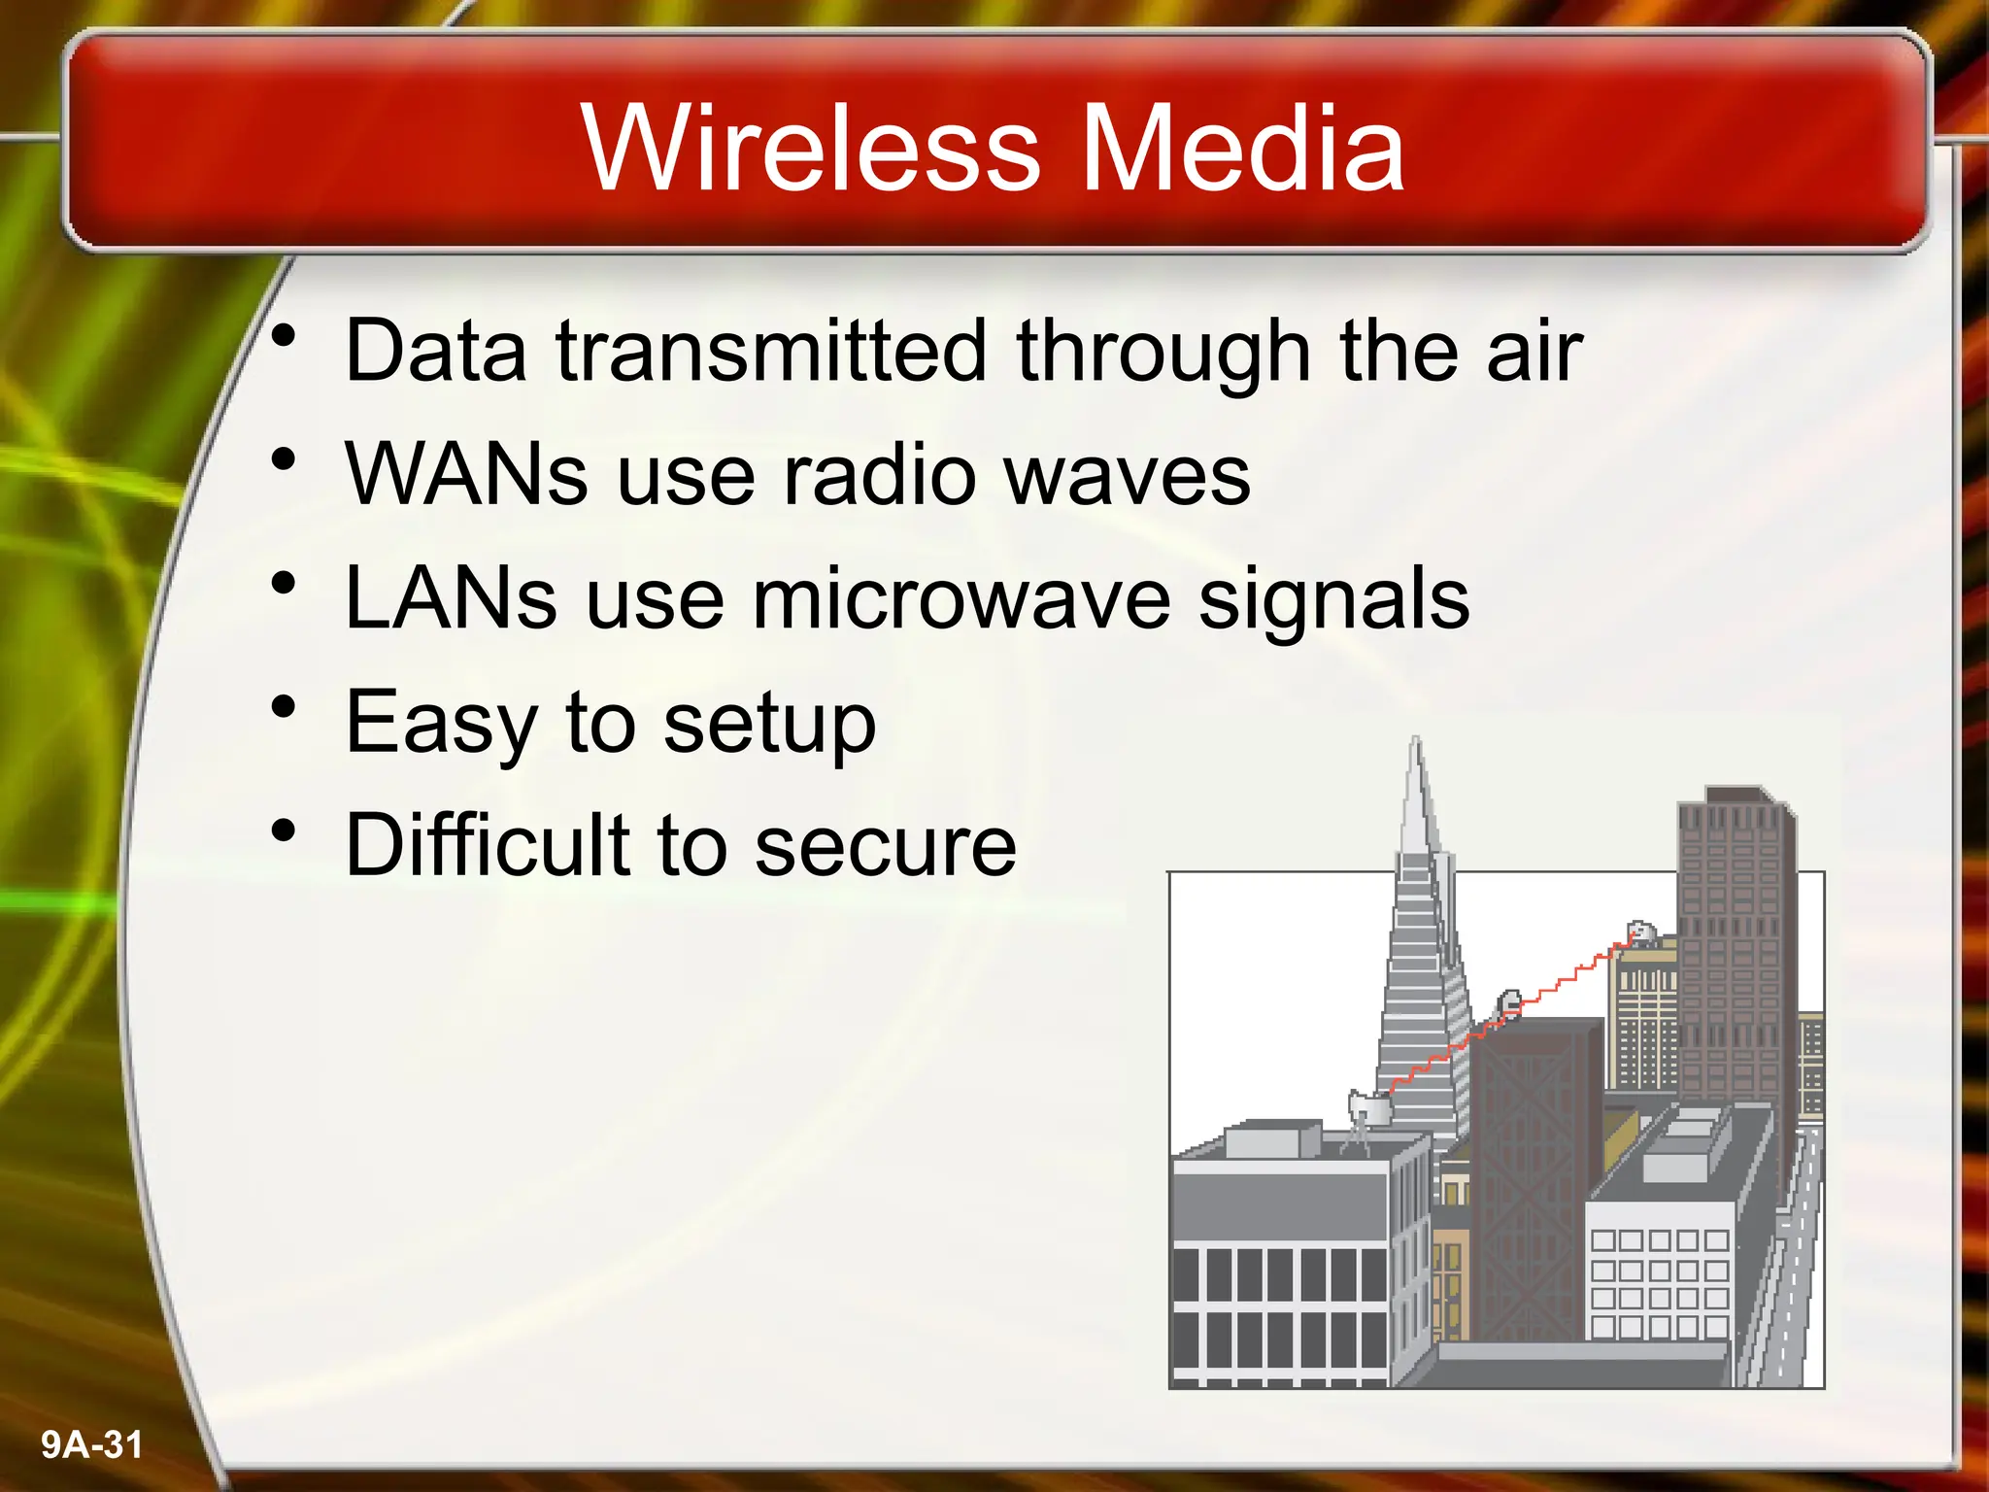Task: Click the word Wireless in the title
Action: [x=811, y=149]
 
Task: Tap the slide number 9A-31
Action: [x=91, y=1444]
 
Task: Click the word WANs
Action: [x=466, y=475]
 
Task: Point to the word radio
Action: [x=880, y=475]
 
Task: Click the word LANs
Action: [x=451, y=598]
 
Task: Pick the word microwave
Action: [x=961, y=598]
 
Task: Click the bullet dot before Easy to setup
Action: [x=283, y=707]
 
